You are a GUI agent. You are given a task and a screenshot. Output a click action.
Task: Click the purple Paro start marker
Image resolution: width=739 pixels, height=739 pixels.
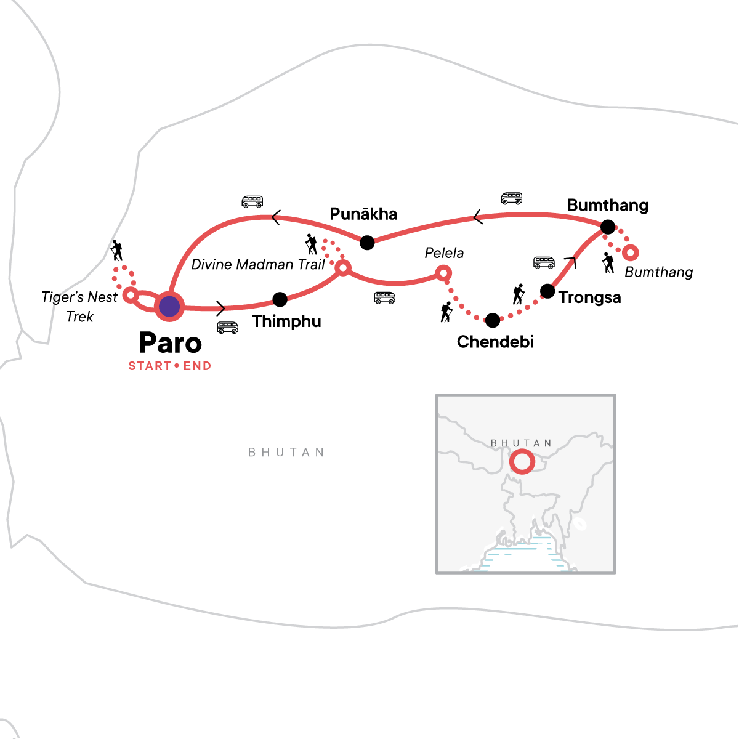(169, 306)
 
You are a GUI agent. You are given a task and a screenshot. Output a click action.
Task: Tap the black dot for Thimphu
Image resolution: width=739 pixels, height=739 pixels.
(280, 299)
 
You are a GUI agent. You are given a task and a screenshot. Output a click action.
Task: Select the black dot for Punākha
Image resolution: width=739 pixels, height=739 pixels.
(367, 242)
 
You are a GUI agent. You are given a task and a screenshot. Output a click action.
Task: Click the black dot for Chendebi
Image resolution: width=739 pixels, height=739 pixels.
(493, 320)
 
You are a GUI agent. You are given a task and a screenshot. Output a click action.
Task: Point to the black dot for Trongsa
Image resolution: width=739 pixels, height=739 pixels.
(547, 290)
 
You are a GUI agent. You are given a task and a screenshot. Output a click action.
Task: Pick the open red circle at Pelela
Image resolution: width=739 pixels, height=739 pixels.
(443, 273)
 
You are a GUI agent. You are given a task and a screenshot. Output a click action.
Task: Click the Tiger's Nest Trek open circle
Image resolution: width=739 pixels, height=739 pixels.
(130, 294)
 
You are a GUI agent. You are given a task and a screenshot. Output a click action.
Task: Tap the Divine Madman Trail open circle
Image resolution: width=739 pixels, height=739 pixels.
(343, 268)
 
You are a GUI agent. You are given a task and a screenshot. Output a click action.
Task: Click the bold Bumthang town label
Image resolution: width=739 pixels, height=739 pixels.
(607, 205)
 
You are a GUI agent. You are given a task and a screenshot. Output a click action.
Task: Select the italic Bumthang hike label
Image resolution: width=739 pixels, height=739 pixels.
(658, 272)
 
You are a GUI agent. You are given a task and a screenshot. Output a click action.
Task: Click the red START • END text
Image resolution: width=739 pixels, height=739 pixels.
(169, 366)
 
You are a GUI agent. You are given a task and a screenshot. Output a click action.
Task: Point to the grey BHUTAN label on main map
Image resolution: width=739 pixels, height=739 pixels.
(286, 453)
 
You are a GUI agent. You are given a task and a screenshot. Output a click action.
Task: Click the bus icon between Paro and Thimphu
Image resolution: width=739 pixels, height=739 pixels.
(228, 327)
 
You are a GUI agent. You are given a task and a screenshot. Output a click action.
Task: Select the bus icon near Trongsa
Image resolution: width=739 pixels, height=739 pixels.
(544, 263)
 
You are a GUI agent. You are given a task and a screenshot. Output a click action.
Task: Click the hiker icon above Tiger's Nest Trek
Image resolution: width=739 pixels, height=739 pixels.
(116, 251)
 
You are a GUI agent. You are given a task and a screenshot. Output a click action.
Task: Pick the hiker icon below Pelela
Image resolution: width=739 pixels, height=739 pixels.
(446, 312)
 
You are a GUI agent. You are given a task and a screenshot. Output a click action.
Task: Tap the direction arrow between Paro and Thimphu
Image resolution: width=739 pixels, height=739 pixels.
(222, 307)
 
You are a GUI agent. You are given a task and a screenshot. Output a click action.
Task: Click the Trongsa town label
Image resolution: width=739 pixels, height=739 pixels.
(589, 297)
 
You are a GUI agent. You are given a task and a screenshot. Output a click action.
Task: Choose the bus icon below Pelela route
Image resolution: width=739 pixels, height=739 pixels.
(384, 298)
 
